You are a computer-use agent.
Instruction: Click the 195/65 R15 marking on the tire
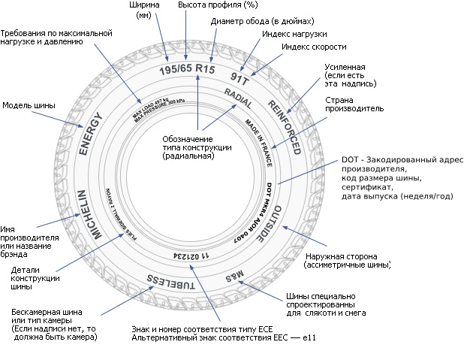click(186, 70)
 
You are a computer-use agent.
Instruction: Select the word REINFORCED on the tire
click(283, 125)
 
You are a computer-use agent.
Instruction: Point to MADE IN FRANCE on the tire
click(257, 138)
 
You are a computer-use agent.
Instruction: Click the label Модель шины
click(29, 105)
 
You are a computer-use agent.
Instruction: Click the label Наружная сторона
click(347, 261)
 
